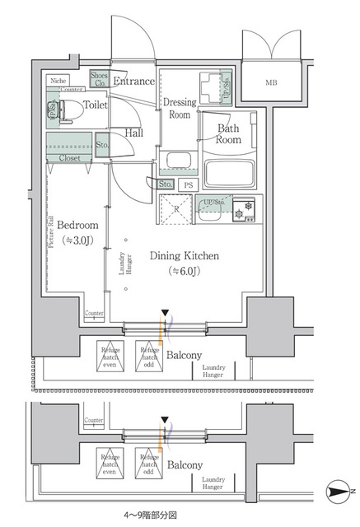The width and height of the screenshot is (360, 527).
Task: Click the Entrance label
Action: coord(133,81)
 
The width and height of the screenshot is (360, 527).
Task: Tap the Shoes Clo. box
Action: coord(99,80)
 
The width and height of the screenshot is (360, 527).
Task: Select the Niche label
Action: coord(58,81)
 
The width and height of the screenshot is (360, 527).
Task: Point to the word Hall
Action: coord(135,133)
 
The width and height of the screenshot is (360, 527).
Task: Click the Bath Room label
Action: coord(228,134)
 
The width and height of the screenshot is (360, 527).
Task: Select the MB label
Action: coord(271,83)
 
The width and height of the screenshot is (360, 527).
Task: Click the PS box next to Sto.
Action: coord(189,184)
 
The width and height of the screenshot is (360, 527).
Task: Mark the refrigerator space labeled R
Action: coord(175,209)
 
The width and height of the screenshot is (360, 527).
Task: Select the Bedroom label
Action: coord(78,225)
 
